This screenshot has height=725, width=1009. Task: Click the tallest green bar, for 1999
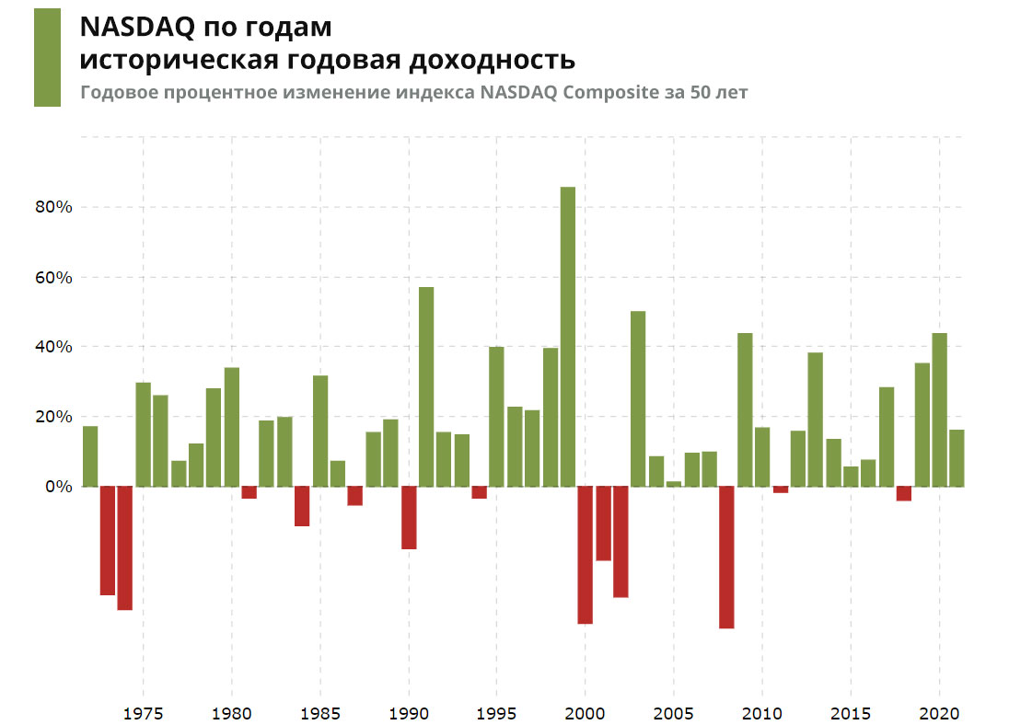pos(568,337)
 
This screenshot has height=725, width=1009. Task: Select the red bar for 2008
pos(727,557)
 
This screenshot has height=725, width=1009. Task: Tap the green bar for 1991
pos(426,386)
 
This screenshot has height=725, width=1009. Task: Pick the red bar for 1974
pos(125,547)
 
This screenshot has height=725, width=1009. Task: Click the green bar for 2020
pos(940,409)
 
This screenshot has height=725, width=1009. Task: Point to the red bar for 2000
pos(586,555)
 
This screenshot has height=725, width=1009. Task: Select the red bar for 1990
pos(409,517)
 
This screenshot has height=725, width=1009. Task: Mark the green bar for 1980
pos(232,427)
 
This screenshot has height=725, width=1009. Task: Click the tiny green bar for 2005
pos(674,483)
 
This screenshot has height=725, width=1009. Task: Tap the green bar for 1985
pos(320,431)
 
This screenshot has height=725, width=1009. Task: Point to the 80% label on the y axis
pos(54,207)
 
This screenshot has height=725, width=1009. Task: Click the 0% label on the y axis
pos(58,487)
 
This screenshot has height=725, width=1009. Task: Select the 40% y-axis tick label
pos(54,347)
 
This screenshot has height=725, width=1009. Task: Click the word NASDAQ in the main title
pos(137,27)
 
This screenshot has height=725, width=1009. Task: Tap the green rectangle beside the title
pos(47,57)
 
